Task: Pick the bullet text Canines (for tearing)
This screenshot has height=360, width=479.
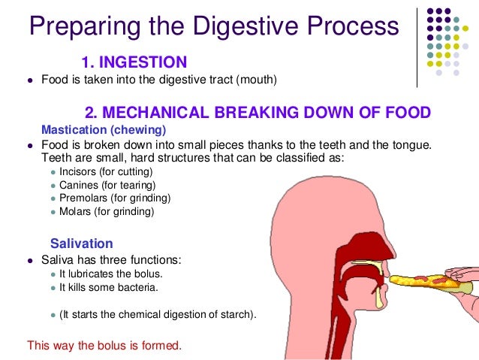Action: point(107,185)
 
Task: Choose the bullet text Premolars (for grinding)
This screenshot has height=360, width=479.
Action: point(114,198)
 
